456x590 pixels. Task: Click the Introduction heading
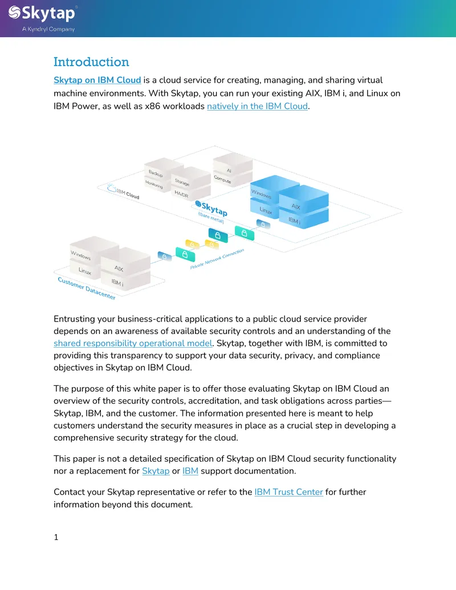(x=91, y=62)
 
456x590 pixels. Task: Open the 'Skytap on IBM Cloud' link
(x=97, y=80)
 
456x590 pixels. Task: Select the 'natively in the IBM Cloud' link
(x=257, y=106)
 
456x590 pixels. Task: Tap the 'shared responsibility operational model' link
(x=133, y=343)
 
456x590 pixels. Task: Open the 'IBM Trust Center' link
(x=288, y=492)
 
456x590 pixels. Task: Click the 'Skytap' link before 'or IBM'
(x=156, y=471)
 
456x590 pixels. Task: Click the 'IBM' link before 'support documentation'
(x=190, y=471)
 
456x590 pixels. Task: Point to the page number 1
(x=56, y=537)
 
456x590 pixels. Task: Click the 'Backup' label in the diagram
(x=156, y=173)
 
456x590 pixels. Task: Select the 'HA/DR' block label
(x=181, y=194)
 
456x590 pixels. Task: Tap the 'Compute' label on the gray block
(x=222, y=179)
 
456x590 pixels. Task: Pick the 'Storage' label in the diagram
(x=182, y=182)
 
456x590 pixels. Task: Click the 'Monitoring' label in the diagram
(x=154, y=184)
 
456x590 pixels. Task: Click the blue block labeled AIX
(x=303, y=200)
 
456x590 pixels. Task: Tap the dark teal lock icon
(x=218, y=235)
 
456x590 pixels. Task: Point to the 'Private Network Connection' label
(x=217, y=259)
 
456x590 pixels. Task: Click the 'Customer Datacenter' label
(x=87, y=288)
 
